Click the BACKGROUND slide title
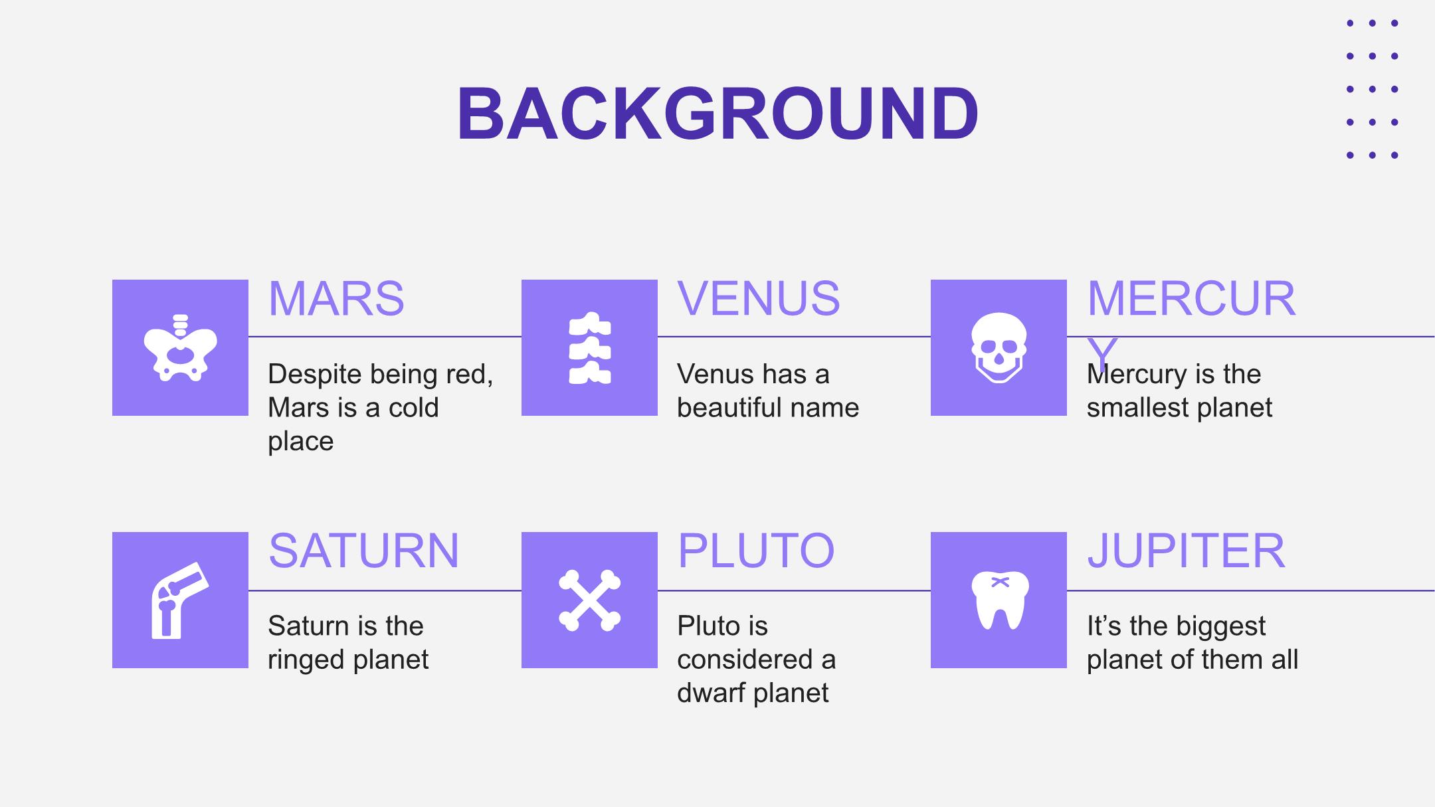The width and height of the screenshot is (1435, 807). click(717, 114)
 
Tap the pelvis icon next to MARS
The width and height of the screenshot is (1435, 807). click(180, 348)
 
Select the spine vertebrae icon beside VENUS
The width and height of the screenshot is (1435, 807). click(590, 348)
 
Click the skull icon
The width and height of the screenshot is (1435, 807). click(999, 348)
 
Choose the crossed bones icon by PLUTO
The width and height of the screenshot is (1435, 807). click(590, 600)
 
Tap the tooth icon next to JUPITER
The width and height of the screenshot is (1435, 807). click(1000, 600)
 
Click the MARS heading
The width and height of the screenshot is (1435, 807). click(336, 299)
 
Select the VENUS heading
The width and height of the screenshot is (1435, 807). click(759, 299)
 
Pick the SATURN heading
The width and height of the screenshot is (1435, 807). click(363, 551)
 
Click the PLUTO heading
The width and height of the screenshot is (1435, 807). click(756, 551)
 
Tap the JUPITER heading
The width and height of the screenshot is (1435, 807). click(1186, 551)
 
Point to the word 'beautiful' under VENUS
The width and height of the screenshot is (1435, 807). click(729, 408)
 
